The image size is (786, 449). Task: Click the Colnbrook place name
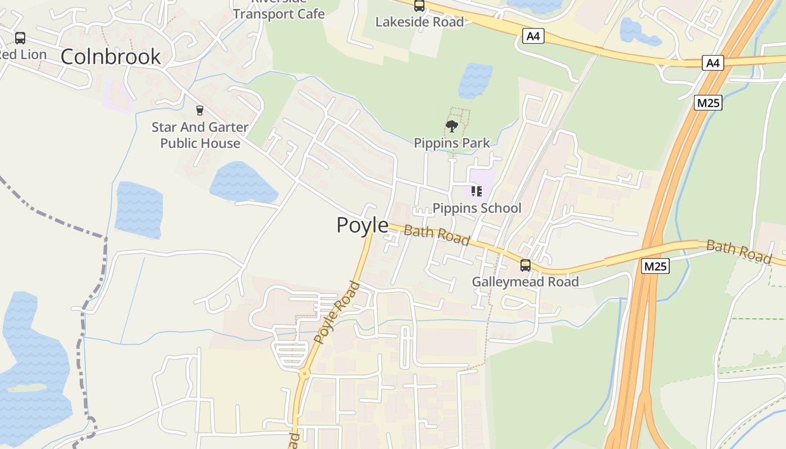111,56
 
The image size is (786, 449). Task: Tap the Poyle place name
362,225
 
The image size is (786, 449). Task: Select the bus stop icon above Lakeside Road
419,6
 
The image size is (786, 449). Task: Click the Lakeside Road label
419,22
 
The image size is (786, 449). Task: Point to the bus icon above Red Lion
20,38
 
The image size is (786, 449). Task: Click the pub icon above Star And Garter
199,110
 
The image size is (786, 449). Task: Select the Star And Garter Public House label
200,135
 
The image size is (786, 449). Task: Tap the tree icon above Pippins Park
451,126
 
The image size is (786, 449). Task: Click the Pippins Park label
452,143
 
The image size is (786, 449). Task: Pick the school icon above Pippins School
477,191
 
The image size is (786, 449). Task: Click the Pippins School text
477,208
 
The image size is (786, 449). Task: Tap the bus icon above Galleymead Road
525,265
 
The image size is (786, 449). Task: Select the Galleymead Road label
525,282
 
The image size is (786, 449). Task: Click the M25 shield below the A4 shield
708,103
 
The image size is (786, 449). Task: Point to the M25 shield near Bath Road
655,266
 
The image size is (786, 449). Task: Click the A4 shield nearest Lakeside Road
533,36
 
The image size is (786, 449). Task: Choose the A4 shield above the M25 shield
712,63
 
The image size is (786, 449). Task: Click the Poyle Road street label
337,313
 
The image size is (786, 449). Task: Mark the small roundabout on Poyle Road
304,372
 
